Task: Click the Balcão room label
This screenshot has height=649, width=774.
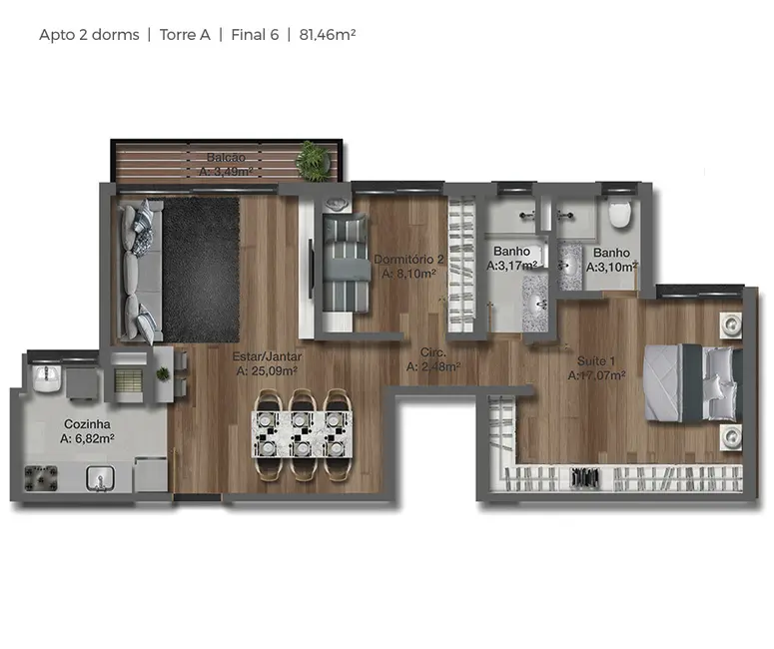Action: coord(226,157)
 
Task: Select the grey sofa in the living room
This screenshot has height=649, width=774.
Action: coord(137,271)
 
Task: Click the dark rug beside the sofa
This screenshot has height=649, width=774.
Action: coord(200,270)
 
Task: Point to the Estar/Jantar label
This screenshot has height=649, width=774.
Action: coord(269,355)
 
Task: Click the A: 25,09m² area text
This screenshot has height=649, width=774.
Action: coord(269,370)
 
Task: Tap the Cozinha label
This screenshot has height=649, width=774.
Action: coord(87,423)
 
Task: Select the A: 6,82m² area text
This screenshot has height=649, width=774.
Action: coord(87,438)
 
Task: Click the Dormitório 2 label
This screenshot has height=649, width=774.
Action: coord(409,260)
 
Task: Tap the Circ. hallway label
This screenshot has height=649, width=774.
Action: coord(432,352)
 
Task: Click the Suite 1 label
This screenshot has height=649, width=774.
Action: coord(596,360)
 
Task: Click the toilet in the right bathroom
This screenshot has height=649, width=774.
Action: coord(620,212)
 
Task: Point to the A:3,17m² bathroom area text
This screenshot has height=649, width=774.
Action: coord(512,267)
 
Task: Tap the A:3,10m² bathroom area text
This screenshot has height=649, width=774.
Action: coord(611,267)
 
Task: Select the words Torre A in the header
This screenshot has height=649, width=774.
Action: coord(185,34)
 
